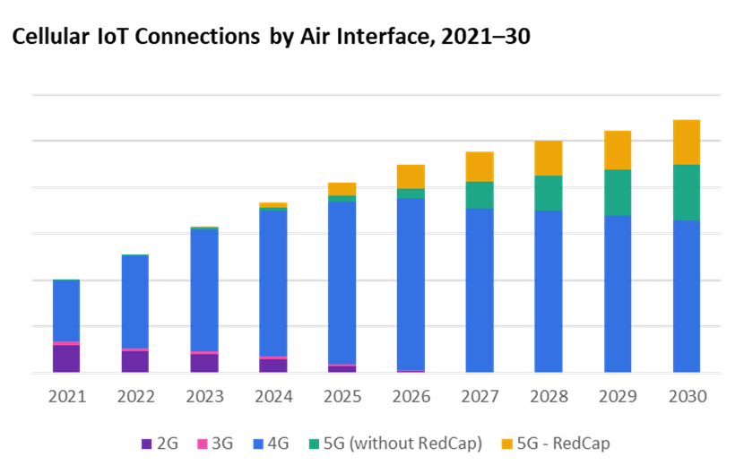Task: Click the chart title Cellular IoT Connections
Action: click(269, 38)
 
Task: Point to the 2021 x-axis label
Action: click(66, 396)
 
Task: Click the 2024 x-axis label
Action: click(273, 396)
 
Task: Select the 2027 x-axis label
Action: click(480, 396)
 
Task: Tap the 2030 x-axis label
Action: click(687, 396)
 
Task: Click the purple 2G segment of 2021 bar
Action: click(66, 358)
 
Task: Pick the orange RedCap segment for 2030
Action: click(687, 142)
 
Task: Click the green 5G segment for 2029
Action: click(618, 193)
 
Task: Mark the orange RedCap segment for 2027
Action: click(480, 167)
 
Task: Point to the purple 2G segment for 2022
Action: click(135, 361)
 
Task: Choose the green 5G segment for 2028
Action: click(549, 193)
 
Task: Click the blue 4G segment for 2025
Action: click(342, 282)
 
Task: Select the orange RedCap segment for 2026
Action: click(411, 176)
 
